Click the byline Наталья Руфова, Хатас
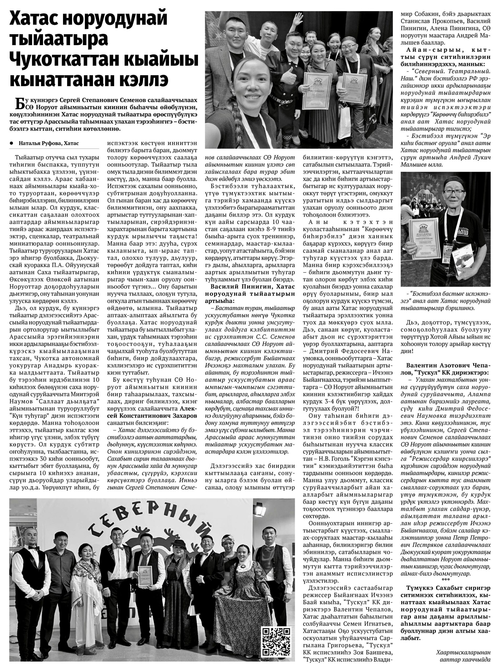(49, 143)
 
